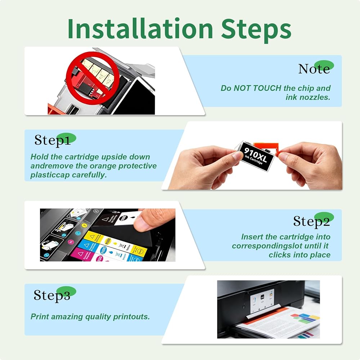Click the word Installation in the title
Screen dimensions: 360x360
[140, 28]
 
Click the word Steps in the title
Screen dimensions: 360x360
[256, 30]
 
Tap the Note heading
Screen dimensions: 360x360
[314, 69]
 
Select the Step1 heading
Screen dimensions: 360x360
[52, 140]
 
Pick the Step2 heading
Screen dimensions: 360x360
[311, 221]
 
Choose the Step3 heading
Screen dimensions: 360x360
[52, 295]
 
